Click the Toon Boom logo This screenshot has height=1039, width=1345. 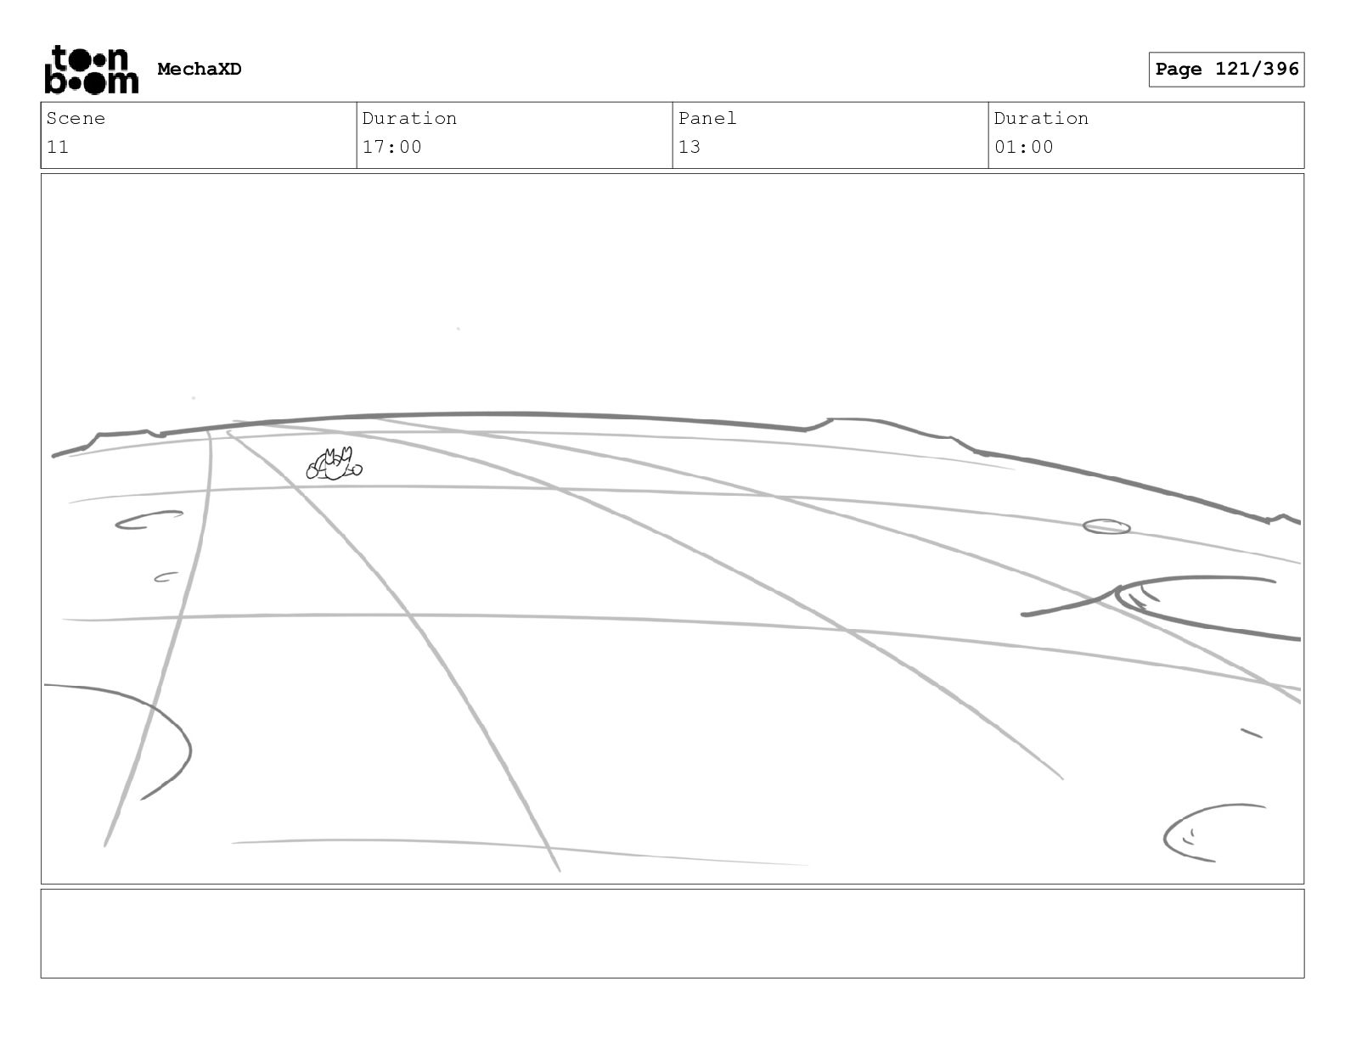[91, 70]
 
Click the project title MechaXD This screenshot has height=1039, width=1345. [200, 70]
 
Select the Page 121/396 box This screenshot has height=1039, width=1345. [1226, 70]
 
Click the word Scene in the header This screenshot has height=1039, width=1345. [76, 119]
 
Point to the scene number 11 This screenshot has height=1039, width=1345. [58, 148]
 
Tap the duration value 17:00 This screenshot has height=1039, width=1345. [391, 148]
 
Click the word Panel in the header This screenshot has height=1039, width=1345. [706, 119]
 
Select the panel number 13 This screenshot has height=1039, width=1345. [689, 148]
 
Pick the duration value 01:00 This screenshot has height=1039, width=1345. [1023, 148]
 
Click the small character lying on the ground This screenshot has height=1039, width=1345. [334, 464]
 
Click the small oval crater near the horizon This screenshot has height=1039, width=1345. [1106, 527]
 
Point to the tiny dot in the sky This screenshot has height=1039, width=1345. [459, 329]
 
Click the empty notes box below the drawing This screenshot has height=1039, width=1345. [672, 933]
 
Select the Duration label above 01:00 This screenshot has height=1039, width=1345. [1041, 119]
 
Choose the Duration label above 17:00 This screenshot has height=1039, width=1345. [409, 119]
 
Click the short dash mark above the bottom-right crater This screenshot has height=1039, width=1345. [1252, 733]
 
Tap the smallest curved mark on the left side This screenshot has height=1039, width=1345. [166, 577]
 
